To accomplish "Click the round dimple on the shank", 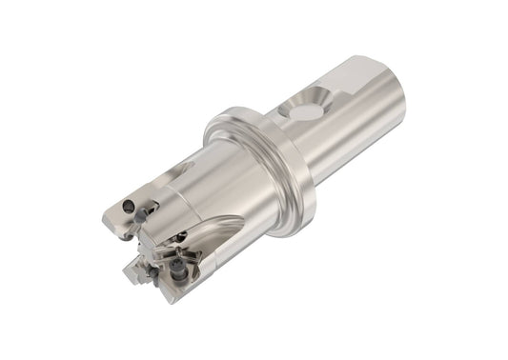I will [303, 112].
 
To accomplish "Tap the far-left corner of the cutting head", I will [105, 221].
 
